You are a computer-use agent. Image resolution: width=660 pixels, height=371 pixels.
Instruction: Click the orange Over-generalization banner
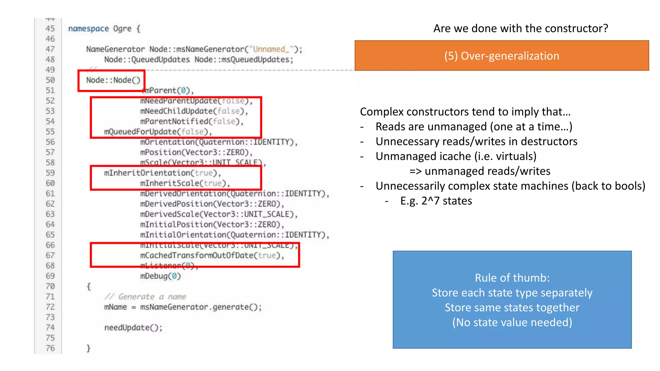(x=501, y=56)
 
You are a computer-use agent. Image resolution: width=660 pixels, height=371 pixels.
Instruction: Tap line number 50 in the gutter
(x=50, y=80)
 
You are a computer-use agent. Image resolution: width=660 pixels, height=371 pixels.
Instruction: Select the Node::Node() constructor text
(x=113, y=80)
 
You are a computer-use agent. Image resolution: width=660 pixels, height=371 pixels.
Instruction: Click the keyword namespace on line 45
(x=88, y=29)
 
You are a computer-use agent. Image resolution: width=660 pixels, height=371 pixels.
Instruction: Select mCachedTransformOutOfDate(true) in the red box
(x=212, y=255)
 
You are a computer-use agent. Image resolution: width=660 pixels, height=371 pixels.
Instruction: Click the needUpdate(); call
(x=133, y=328)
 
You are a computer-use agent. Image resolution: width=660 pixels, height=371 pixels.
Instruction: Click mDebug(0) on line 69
(x=160, y=276)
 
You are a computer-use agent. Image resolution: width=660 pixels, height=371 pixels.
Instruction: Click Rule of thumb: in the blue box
(x=512, y=278)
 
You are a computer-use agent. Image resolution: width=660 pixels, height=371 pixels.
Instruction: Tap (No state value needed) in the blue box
(x=512, y=322)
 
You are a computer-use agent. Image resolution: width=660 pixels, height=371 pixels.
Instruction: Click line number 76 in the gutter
(x=50, y=348)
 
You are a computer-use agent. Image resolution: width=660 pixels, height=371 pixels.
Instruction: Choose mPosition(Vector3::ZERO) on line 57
(x=196, y=152)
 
